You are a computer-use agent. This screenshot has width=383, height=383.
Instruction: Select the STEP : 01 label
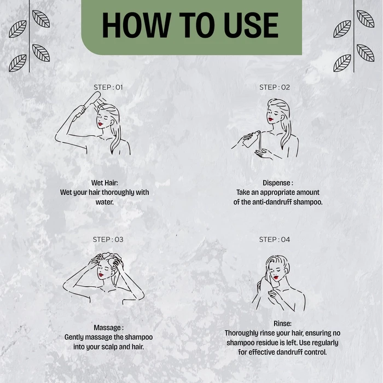click(x=108, y=87)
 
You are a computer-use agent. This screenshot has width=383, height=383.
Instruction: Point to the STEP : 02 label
click(x=275, y=87)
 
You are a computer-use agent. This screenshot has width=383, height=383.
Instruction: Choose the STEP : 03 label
click(x=108, y=240)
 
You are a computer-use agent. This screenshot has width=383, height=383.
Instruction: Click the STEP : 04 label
click(x=275, y=240)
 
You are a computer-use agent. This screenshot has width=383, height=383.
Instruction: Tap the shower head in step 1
click(x=92, y=98)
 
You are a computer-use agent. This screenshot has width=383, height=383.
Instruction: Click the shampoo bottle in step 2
click(x=252, y=139)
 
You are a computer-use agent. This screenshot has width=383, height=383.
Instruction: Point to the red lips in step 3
click(x=101, y=275)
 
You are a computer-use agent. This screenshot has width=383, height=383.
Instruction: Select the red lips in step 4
click(x=276, y=277)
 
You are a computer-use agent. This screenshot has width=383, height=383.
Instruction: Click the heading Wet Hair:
click(x=105, y=183)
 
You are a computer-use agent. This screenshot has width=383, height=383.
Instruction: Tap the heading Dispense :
click(x=278, y=183)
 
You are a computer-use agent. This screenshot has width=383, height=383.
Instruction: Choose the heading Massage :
click(x=109, y=328)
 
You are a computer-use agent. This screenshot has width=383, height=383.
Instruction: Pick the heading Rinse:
click(x=282, y=323)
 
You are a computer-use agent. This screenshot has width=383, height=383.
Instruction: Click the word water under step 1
click(x=104, y=202)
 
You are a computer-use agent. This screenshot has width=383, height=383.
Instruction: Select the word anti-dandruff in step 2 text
click(x=272, y=202)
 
